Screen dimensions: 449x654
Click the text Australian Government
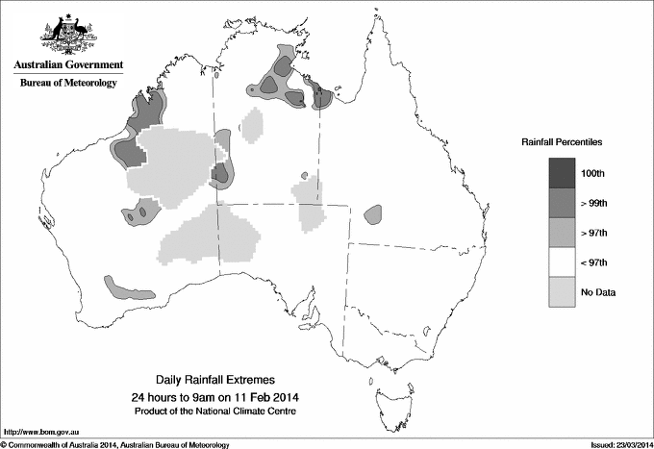[68, 65]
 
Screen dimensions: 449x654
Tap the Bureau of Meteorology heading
[68, 83]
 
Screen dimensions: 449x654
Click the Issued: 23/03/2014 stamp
[616, 443]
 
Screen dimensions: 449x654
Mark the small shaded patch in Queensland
[372, 215]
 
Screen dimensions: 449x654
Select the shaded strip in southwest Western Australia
[120, 287]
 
